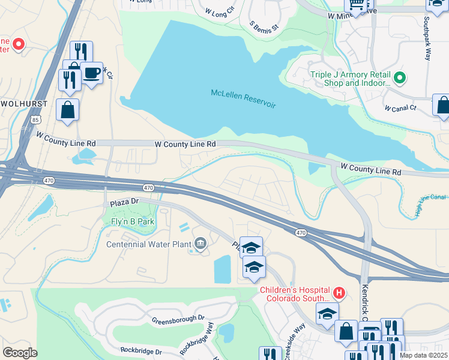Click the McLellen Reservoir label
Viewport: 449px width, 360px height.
click(243, 99)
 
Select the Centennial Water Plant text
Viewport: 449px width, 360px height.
click(148, 244)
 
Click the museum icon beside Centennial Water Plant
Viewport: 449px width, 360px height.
click(200, 244)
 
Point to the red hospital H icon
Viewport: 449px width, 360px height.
click(340, 293)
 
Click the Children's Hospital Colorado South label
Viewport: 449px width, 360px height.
click(294, 294)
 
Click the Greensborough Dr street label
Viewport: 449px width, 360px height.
click(178, 319)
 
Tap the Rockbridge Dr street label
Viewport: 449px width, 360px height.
click(140, 350)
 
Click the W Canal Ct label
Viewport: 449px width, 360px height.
click(400, 108)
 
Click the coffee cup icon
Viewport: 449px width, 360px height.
click(91, 73)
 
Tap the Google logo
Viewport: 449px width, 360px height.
click(20, 352)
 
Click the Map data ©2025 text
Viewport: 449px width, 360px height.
click(423, 355)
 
